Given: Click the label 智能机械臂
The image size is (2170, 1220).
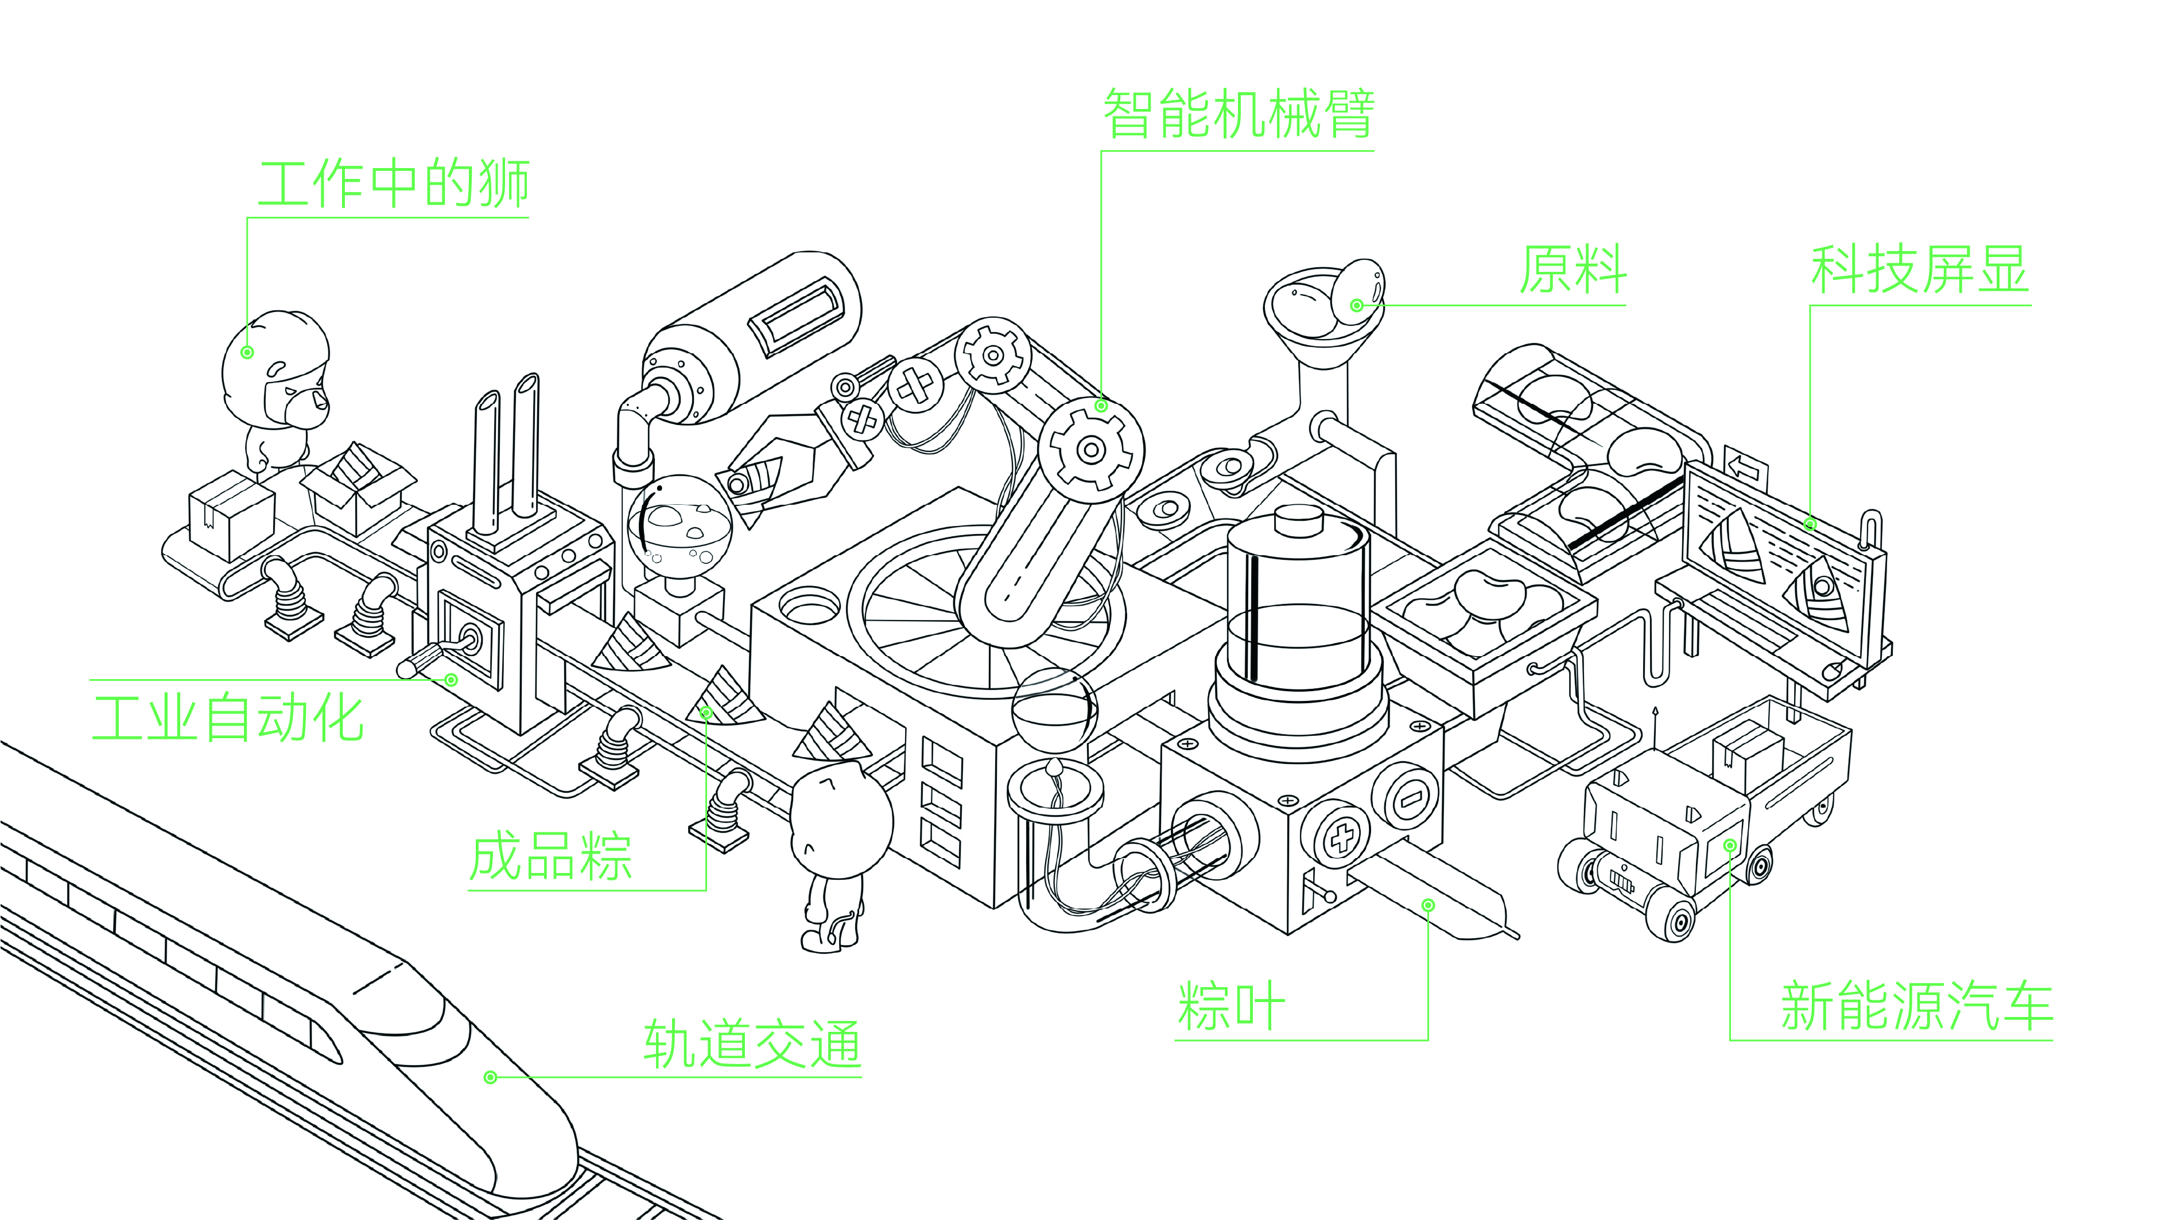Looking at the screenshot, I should (1239, 114).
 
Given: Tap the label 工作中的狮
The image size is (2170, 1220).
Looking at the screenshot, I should (393, 184).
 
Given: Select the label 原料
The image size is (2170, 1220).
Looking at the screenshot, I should (1572, 270).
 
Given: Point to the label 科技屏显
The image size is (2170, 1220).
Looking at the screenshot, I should (1919, 270).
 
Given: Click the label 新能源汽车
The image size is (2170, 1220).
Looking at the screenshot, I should (1916, 1005).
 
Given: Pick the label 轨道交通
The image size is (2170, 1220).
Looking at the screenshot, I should (751, 1044).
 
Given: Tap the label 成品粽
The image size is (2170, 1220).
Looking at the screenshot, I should (550, 856).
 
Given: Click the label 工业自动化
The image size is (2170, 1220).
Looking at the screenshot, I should (227, 718).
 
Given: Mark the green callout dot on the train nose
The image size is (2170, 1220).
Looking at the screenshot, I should (490, 1077).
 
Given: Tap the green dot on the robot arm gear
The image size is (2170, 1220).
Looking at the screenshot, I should (1100, 406).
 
